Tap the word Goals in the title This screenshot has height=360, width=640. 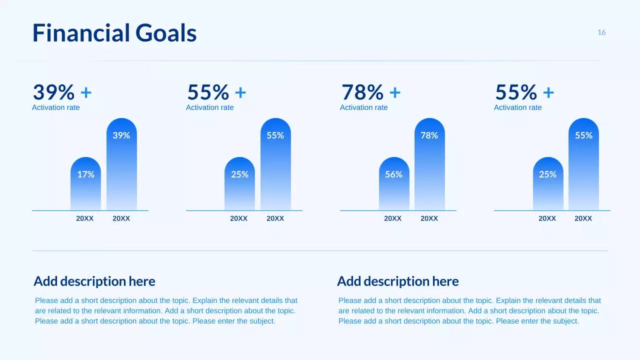tap(166, 33)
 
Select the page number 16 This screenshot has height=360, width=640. tap(601, 32)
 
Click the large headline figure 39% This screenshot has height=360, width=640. tap(53, 92)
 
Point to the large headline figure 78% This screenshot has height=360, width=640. tap(362, 92)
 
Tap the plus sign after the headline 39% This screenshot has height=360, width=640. tap(86, 92)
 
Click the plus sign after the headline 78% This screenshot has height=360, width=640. tap(395, 92)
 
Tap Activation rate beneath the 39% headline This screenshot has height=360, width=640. tap(55, 107)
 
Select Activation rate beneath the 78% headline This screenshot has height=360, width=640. tap(363, 107)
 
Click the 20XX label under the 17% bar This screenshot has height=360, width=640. tap(85, 218)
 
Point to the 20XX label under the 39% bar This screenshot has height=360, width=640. tap(121, 218)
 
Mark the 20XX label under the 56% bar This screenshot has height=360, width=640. tap(393, 218)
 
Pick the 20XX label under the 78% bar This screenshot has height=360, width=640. tap(429, 218)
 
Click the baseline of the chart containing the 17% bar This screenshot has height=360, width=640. tap(50, 210)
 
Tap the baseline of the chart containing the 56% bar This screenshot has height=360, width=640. tap(358, 210)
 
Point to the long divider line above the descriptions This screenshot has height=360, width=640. tap(320, 250)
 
